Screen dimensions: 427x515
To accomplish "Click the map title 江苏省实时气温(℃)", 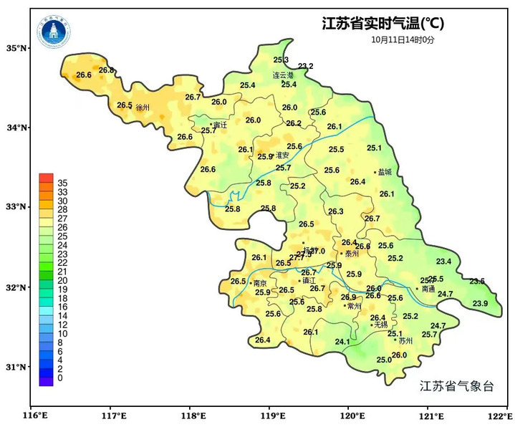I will [382, 24].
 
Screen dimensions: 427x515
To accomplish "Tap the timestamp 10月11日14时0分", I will [403, 40].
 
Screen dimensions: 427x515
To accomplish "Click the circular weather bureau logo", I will [55, 30].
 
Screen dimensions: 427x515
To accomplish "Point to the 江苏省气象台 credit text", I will [456, 386].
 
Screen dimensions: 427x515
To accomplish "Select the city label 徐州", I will [143, 107].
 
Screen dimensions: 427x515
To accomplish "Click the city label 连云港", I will [283, 75].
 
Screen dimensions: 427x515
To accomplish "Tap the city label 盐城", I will [385, 172].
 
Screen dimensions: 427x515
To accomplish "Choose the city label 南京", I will [261, 283].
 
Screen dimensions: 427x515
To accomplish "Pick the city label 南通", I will [428, 289].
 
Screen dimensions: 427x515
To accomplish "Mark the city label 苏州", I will [406, 341].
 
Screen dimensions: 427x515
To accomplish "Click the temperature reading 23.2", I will [306, 67].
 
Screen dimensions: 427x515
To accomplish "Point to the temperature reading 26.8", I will [107, 70].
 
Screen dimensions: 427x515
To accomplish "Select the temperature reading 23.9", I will [480, 304].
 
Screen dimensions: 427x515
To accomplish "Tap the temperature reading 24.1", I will [342, 342].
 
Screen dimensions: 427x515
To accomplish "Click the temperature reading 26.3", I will [336, 211].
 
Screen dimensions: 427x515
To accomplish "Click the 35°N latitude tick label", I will [16, 48].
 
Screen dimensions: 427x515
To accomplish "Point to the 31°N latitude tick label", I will [16, 367].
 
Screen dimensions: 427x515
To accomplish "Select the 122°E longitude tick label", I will [499, 416].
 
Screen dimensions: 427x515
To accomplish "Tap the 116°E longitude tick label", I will [33, 416].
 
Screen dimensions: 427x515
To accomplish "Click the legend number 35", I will [62, 183].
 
